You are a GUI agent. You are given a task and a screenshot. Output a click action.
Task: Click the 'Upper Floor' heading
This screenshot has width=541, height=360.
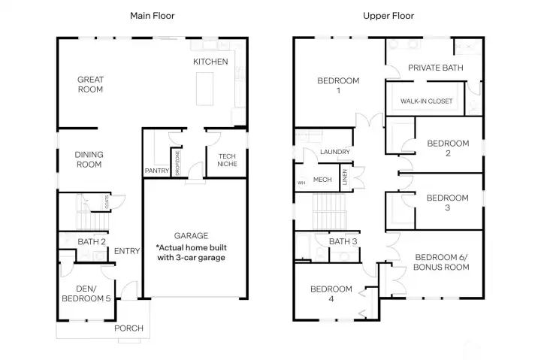point(388,15)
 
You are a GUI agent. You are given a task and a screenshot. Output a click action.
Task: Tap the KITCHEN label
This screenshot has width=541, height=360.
point(210,62)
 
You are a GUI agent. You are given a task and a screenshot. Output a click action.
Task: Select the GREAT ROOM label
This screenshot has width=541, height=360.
point(90,84)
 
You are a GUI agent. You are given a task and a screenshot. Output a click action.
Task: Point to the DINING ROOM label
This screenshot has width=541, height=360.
point(89,159)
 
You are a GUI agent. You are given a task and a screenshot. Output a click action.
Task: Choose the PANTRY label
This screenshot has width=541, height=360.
point(157,171)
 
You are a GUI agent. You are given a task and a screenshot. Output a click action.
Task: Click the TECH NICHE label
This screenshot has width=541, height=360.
point(227,160)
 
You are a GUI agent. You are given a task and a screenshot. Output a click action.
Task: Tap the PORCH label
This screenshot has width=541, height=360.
point(128,328)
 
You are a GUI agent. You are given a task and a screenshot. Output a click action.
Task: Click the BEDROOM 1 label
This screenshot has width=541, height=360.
point(338,86)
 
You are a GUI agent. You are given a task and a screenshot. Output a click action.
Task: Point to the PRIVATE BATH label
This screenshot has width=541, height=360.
point(435,68)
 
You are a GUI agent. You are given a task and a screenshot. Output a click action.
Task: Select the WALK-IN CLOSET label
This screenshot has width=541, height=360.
point(426,101)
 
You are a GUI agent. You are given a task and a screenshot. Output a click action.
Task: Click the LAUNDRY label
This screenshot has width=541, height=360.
point(334,153)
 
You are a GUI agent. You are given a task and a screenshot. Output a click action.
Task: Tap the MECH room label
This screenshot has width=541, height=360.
point(322,180)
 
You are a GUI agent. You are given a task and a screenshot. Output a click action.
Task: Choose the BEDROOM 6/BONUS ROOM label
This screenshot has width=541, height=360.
point(440,262)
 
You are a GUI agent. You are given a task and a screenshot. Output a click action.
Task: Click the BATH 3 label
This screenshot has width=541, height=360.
point(343,241)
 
